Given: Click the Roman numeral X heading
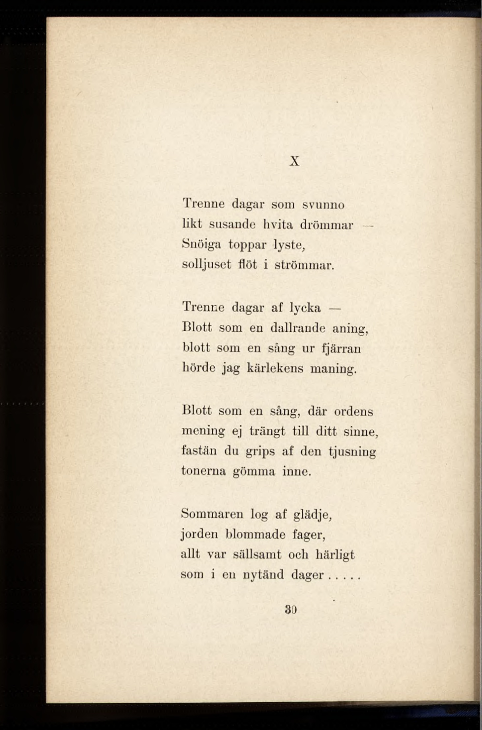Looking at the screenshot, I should click(x=295, y=161).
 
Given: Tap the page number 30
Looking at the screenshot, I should click(x=291, y=610).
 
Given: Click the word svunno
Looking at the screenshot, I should click(x=323, y=205).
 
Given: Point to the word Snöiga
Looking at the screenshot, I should click(x=201, y=245).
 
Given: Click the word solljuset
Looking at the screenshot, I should click(x=206, y=265).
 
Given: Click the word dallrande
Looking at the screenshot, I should click(x=298, y=328).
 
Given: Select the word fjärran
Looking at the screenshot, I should click(x=341, y=348).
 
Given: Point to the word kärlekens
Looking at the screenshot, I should click(x=275, y=368).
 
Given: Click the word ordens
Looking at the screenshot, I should click(x=353, y=412).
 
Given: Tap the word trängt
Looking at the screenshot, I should click(x=267, y=432).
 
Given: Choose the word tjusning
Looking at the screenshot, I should click(x=352, y=452).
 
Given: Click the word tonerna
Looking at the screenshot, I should click(x=203, y=471).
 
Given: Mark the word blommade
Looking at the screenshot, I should click(x=256, y=534).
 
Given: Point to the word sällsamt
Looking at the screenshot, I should click(x=257, y=554).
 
